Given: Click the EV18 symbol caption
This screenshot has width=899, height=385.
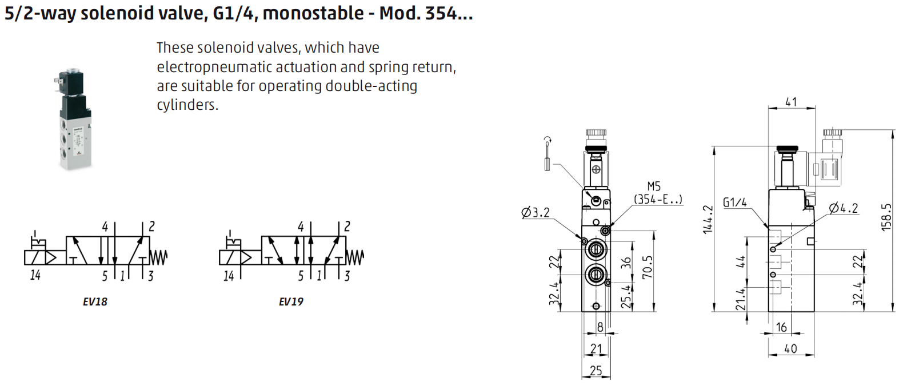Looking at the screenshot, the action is point(95,301).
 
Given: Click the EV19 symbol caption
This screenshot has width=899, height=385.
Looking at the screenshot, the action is point(291,301).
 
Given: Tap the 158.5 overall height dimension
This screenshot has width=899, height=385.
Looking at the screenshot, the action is point(886,217).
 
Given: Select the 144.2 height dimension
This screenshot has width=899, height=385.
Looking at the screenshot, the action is point(708,220).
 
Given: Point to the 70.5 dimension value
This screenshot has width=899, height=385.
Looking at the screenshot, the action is point(647,267).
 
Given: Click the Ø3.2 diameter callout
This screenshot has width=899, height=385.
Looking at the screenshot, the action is point(536,212).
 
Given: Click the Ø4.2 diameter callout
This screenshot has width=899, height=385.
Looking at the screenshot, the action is point(843,208).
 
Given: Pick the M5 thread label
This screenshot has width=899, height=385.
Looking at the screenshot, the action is point(654,186).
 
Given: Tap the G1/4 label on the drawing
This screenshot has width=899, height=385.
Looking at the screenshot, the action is point(735,202).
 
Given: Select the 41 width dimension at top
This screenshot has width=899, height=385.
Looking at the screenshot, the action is point(791,102).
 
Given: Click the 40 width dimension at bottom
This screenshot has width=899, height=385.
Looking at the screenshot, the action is point(790,348).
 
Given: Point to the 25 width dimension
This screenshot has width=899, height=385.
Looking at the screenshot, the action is point(596,371).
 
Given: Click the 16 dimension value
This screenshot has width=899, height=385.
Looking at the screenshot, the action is point(781,327).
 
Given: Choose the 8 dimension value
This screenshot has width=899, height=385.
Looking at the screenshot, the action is point(600,327).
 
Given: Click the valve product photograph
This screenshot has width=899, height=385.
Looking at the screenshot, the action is point(75,119).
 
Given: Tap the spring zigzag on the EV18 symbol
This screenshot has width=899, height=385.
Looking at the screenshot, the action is point(158,257).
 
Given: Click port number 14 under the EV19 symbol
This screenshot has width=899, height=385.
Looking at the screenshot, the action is point(229,276).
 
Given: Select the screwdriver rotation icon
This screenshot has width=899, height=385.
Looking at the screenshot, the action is point(547,154).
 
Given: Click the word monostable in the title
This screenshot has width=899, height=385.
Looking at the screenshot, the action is point(313,13).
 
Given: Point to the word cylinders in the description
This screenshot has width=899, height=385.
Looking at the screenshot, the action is point(187,105).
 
